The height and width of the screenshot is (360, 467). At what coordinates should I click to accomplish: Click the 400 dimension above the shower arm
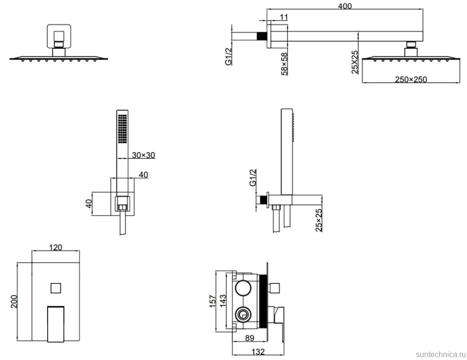(x=345, y=6)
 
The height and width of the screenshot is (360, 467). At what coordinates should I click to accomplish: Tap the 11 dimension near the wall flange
(x=284, y=17)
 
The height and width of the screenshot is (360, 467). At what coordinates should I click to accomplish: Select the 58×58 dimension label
(x=285, y=64)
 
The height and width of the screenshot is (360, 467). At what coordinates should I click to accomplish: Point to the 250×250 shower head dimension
(x=411, y=79)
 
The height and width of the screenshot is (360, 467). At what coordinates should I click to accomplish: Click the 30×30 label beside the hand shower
(x=143, y=155)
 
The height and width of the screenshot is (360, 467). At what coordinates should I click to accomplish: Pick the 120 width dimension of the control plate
(x=55, y=247)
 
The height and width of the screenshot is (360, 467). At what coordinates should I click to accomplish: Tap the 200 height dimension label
(x=13, y=302)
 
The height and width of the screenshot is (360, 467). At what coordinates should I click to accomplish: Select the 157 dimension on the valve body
(x=213, y=301)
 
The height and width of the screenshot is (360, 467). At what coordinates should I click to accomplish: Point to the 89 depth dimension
(x=249, y=338)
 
